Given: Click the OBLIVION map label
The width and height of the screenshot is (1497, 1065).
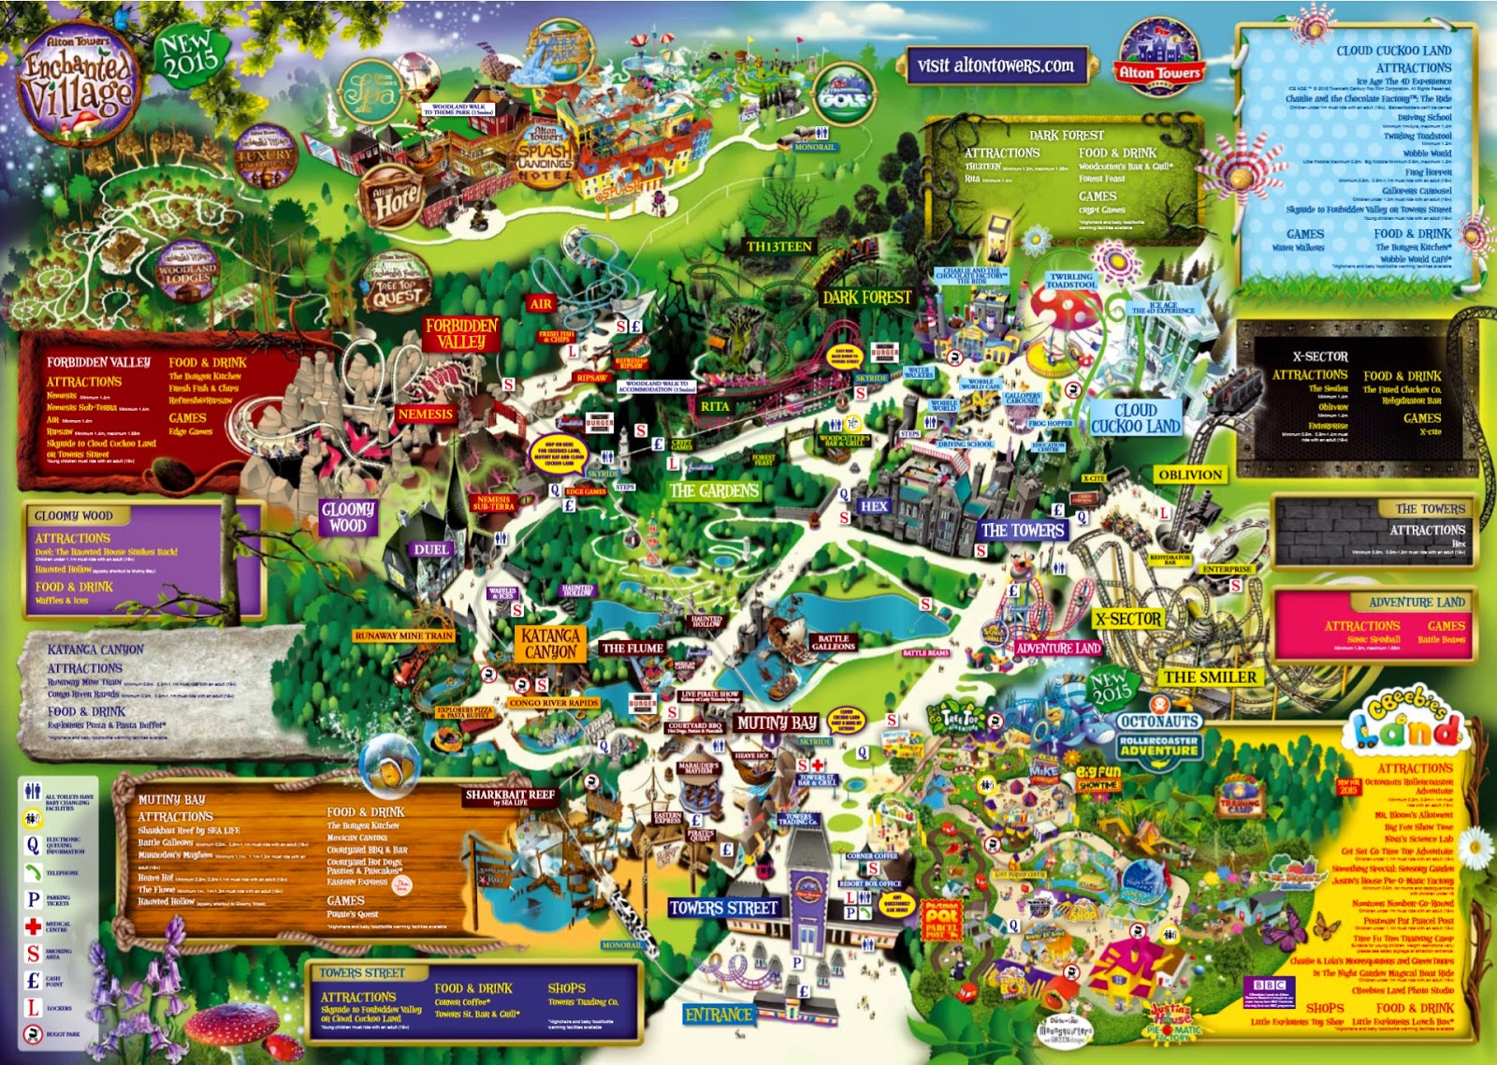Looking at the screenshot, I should [x=1190, y=474].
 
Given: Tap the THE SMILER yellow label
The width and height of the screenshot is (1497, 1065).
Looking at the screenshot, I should [x=1210, y=677].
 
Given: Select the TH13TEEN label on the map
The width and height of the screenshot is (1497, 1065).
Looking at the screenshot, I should [x=779, y=247].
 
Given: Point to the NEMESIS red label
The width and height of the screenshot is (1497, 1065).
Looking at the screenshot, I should [x=425, y=414].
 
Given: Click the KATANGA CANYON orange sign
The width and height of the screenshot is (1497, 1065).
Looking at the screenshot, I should [x=551, y=643].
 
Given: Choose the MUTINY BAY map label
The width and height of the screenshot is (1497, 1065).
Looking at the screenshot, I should [x=777, y=722].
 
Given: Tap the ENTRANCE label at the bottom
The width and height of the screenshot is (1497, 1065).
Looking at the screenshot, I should [x=719, y=1014].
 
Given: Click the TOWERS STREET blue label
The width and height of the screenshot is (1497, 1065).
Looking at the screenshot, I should [x=724, y=907].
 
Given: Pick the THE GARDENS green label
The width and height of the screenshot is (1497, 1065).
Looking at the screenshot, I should [x=714, y=490].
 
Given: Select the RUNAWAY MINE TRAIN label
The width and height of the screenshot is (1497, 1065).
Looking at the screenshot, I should [x=404, y=635].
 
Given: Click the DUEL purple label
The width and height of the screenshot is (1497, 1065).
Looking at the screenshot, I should [x=431, y=549].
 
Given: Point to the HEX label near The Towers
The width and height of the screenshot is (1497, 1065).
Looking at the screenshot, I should [x=874, y=505].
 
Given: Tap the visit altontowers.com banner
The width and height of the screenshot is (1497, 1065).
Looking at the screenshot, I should [x=995, y=66].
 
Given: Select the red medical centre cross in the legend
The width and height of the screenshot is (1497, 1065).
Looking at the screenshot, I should [x=33, y=926].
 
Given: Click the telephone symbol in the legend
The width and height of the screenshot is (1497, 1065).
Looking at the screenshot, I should [x=33, y=872].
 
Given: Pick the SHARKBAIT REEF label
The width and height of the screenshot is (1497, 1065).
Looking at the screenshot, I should [x=510, y=796].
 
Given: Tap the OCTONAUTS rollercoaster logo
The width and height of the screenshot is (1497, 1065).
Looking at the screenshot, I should [x=1159, y=734].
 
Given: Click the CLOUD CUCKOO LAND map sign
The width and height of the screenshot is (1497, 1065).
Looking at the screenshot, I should [x=1136, y=417].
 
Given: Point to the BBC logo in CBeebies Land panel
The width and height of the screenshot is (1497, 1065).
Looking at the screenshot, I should [x=1269, y=985].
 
